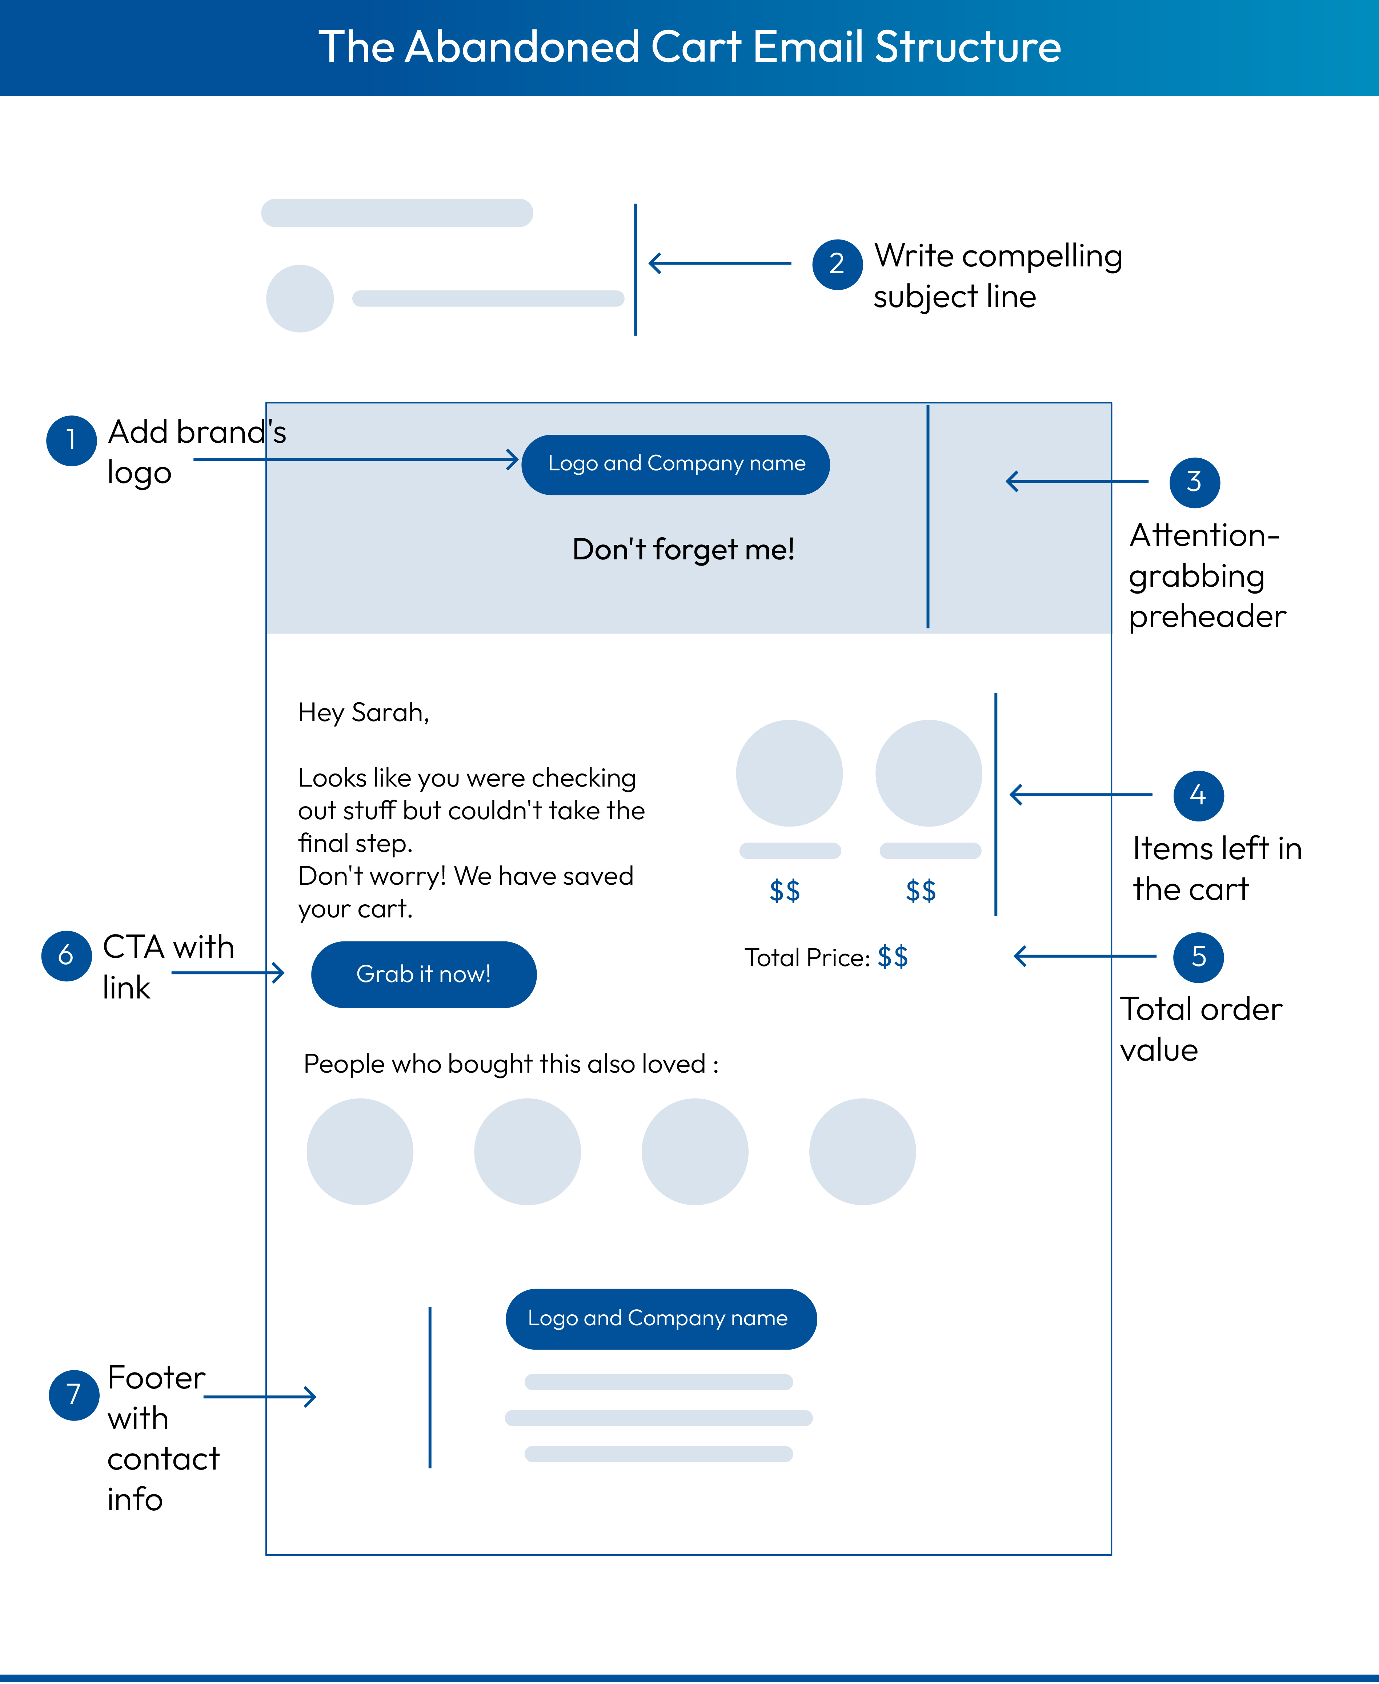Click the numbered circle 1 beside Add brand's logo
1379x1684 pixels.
[72, 441]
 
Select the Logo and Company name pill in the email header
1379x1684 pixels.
[676, 465]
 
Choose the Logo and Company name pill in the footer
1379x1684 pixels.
[661, 1319]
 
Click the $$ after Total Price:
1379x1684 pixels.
[893, 957]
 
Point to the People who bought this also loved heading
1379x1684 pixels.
[511, 1064]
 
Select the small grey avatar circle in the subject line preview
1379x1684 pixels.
[300, 298]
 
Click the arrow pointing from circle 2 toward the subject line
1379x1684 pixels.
[719, 263]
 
